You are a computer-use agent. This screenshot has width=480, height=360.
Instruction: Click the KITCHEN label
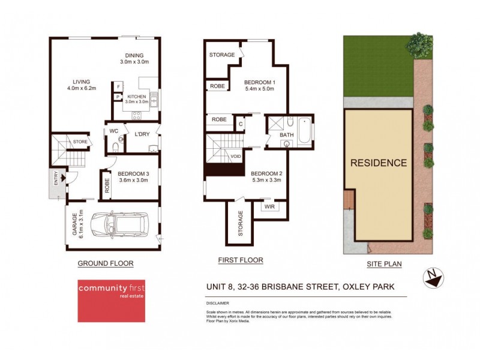coord(136,97)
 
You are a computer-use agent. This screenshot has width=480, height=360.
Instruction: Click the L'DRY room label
coord(142,133)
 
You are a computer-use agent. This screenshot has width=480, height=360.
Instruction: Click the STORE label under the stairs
coord(80,142)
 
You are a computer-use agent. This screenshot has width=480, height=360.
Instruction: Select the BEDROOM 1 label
coord(259,82)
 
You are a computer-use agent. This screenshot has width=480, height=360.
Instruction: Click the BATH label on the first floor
coord(287,135)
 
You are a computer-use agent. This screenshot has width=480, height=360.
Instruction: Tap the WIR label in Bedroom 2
coord(269,206)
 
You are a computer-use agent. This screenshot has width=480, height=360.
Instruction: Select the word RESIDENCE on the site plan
coord(378,163)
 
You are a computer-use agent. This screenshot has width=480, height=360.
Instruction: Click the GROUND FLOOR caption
coord(106,263)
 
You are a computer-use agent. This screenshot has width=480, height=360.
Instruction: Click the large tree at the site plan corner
coord(419,44)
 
